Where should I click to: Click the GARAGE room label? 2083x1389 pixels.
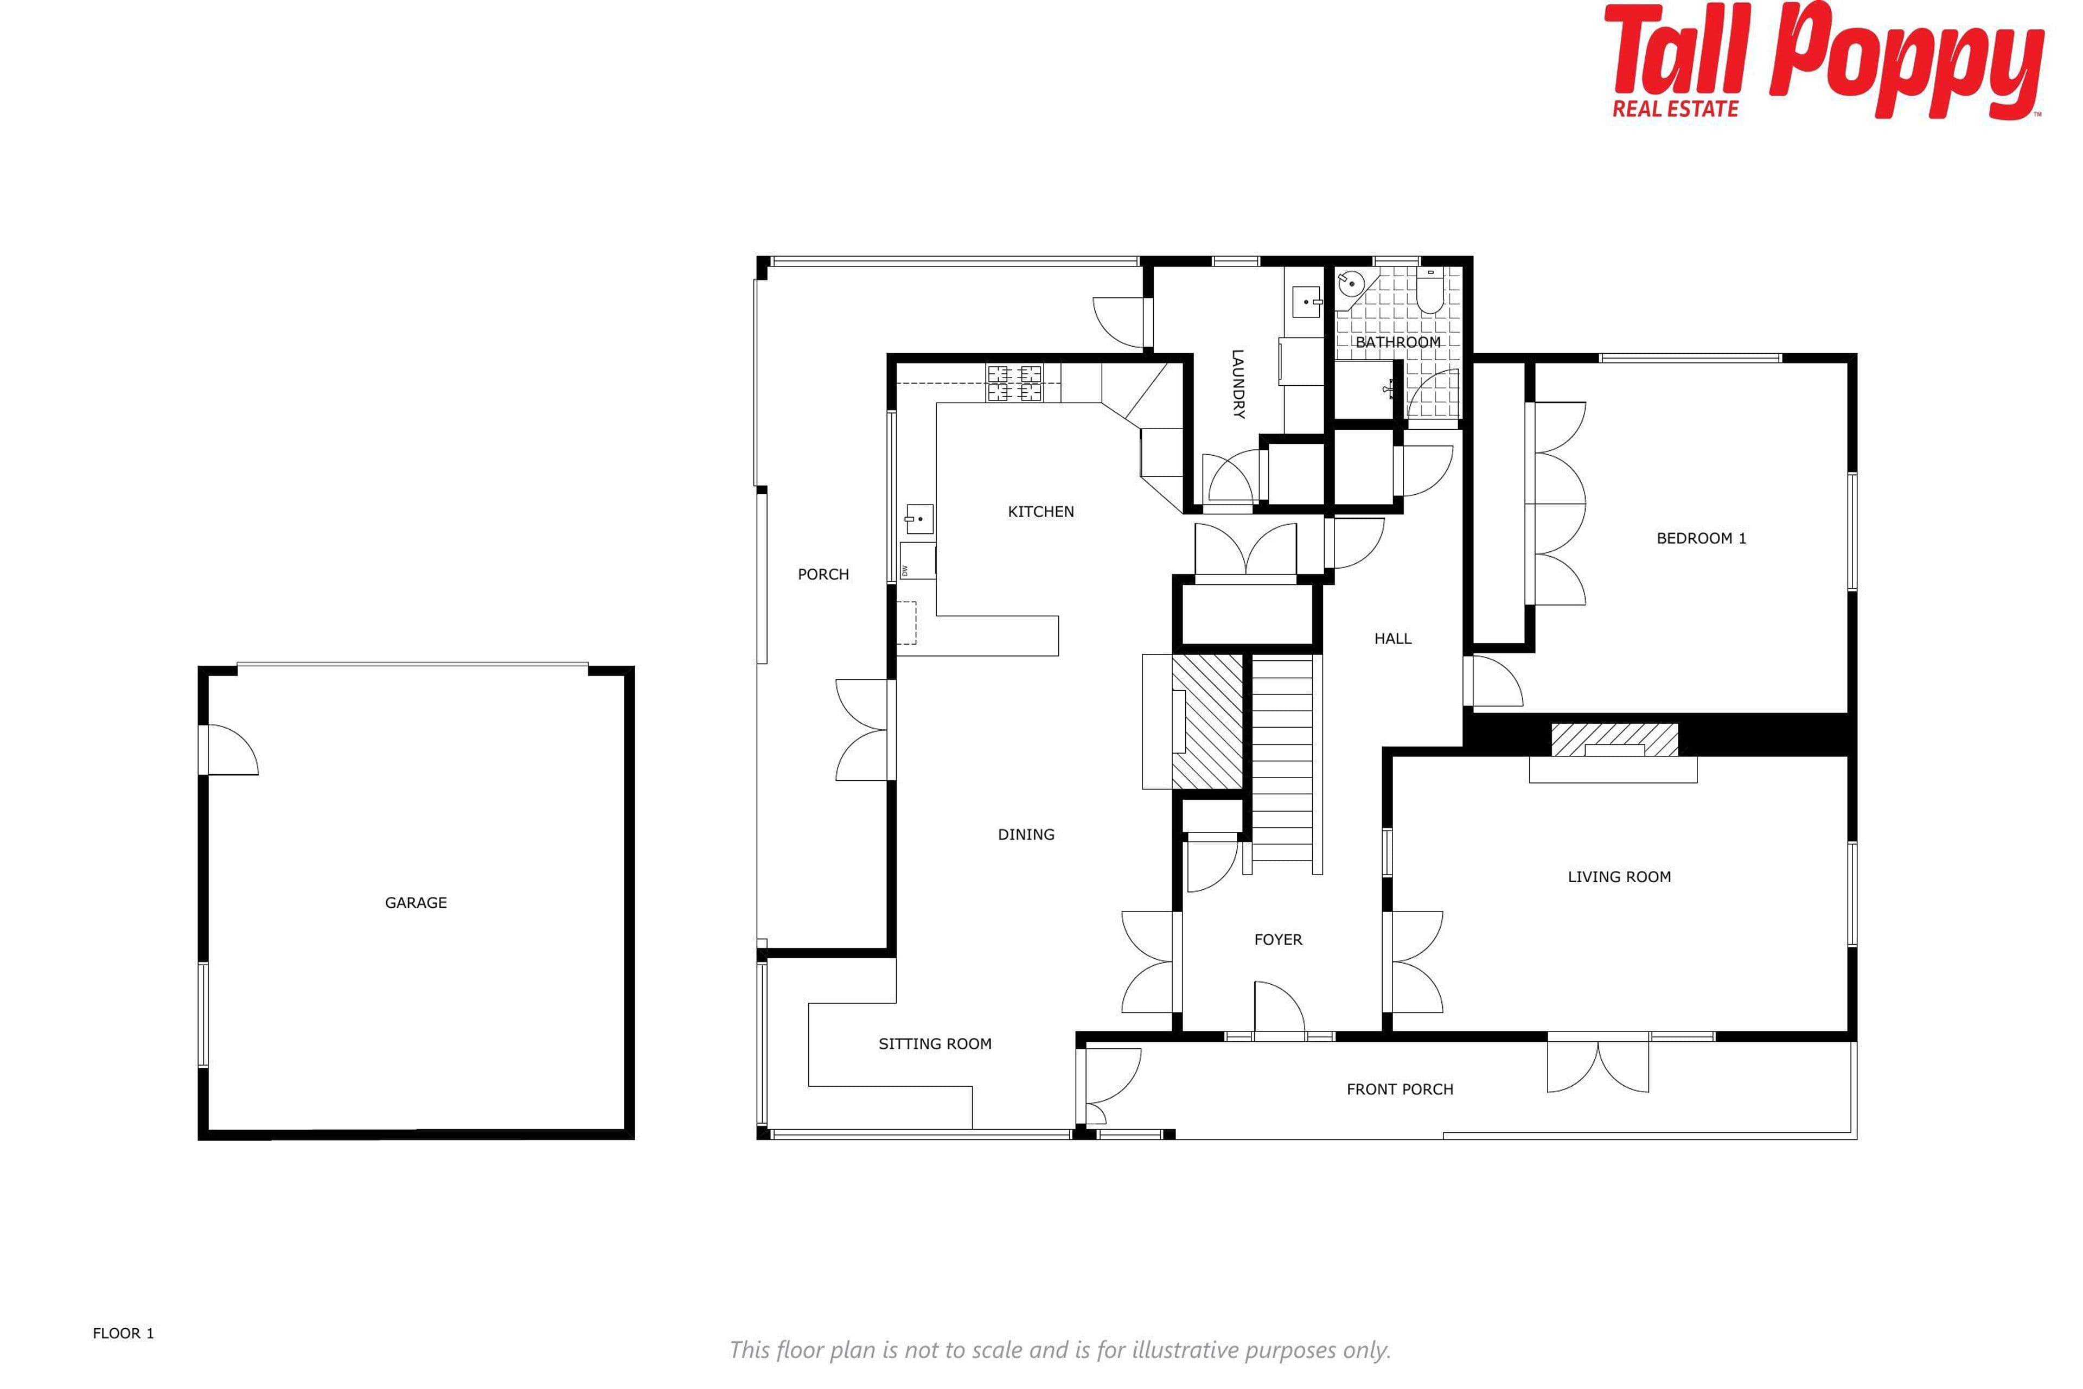pyautogui.click(x=416, y=903)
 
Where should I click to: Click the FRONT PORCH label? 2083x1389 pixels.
pyautogui.click(x=1400, y=1089)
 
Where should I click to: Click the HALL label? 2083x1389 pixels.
pyautogui.click(x=1392, y=638)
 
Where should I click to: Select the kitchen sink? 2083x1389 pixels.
pyautogui.click(x=919, y=520)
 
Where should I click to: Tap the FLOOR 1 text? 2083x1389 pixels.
pyautogui.click(x=123, y=1333)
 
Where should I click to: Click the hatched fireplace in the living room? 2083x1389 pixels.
pyautogui.click(x=1614, y=740)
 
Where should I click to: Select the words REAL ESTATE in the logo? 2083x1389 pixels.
pyautogui.click(x=1676, y=108)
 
